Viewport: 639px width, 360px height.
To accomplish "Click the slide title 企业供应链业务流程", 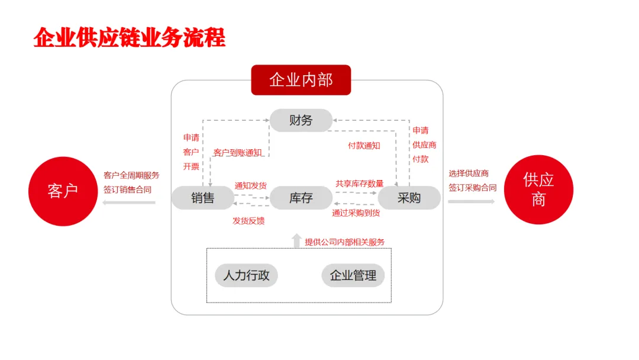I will [130, 38].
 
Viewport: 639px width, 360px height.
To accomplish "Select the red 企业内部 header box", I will [301, 80].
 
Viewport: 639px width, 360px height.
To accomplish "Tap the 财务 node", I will [301, 120].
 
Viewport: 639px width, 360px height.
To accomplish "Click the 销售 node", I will [202, 198].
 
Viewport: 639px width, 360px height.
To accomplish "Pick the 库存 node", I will [301, 198].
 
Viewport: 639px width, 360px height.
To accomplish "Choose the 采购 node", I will [409, 198].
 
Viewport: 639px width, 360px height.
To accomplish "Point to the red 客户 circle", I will [63, 191].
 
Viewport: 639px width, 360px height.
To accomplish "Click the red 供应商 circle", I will [538, 189].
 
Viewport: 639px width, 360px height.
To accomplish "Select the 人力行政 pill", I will [246, 275].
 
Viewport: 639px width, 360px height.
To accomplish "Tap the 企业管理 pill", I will [353, 275].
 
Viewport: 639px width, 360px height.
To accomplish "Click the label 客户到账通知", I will [237, 153].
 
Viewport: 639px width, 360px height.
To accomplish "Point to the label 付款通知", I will [363, 145].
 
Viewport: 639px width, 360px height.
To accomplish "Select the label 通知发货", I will [250, 185].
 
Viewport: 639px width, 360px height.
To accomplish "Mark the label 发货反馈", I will [248, 221].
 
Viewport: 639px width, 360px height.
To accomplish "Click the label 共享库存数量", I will [359, 184].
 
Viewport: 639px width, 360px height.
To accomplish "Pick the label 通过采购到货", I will [356, 213].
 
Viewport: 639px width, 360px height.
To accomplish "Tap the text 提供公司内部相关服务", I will [344, 242].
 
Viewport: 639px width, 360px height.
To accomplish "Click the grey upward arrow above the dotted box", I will [296, 240].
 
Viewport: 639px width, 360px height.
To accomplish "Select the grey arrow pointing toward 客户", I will [128, 202].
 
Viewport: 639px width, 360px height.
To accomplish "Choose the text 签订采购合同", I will [472, 188].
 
